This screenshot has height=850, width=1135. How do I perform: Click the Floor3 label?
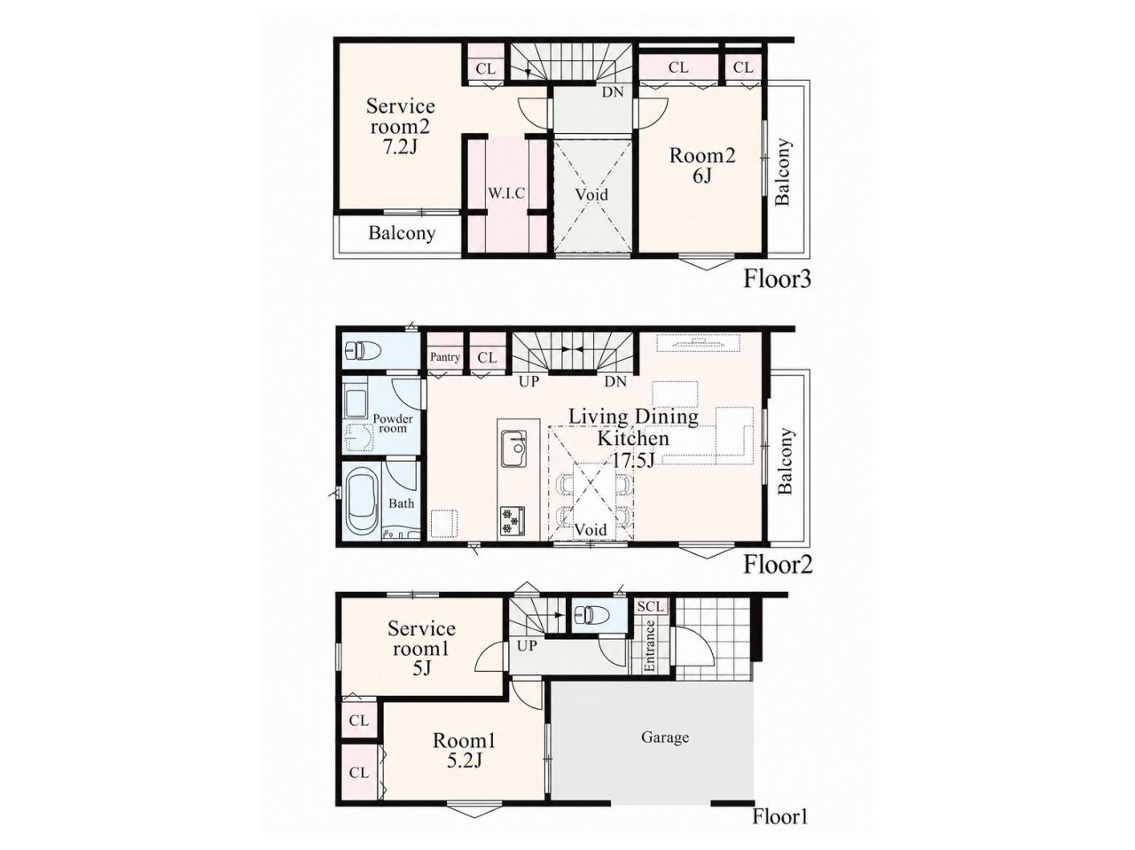[x=777, y=279]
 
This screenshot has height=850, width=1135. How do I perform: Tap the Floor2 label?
[x=778, y=565]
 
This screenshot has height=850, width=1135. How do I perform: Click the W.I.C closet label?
[x=506, y=193]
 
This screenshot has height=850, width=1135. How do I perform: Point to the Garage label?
[x=665, y=737]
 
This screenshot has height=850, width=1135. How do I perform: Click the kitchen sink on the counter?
[x=514, y=448]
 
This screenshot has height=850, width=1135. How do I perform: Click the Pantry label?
[x=445, y=357]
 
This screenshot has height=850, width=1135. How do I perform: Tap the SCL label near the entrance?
[x=650, y=606]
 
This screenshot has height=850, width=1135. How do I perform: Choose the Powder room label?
[x=393, y=423]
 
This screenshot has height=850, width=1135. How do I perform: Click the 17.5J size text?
[x=633, y=459]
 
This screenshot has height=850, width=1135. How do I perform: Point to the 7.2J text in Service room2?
[x=401, y=148]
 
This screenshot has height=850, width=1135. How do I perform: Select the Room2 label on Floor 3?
[x=702, y=155]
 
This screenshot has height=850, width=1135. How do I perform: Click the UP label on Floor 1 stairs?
[x=527, y=646]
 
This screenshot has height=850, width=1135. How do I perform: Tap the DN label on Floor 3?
[x=613, y=92]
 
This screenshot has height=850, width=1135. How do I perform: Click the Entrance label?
[x=650, y=646]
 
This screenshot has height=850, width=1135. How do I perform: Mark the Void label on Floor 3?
[x=592, y=195]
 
